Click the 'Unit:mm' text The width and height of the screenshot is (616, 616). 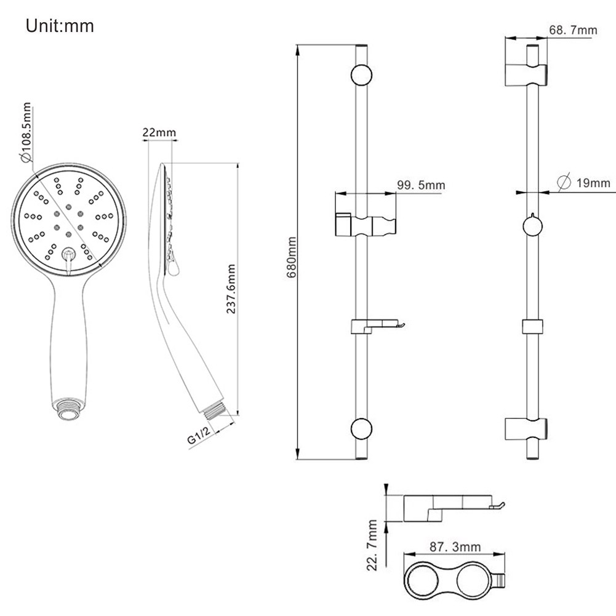click(60, 26)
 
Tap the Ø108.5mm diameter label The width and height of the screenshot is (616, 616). click(26, 132)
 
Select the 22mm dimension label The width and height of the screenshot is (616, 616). click(159, 132)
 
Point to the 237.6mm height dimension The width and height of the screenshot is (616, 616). click(231, 289)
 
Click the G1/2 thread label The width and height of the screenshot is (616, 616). click(199, 436)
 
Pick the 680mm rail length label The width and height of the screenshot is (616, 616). click(292, 257)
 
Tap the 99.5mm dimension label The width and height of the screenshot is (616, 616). click(421, 185)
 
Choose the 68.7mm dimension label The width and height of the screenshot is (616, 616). click(573, 30)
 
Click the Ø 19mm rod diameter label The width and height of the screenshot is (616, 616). click(584, 183)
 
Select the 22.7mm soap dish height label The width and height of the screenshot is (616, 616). click(372, 545)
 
